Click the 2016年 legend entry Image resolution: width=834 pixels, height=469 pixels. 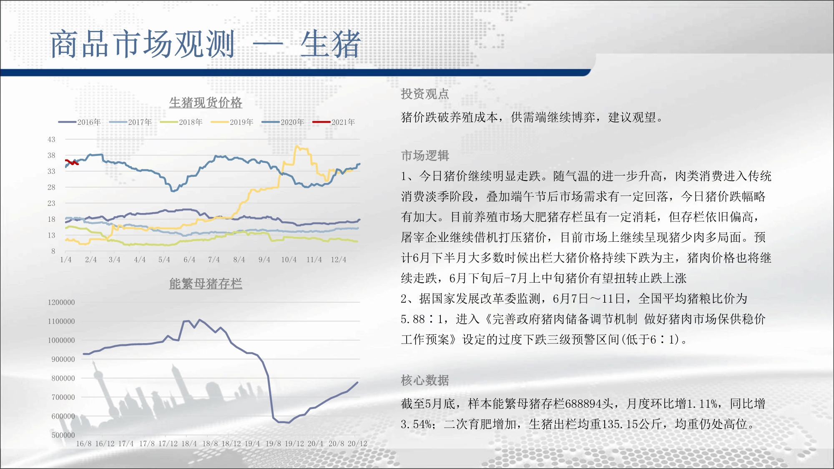click(80, 122)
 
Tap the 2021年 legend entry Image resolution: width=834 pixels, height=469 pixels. click(334, 122)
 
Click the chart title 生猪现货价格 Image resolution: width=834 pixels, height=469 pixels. click(206, 103)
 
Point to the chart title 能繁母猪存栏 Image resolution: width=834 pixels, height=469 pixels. click(206, 283)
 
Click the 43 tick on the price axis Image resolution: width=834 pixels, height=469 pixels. click(51, 139)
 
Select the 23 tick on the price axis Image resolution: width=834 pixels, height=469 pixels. click(51, 203)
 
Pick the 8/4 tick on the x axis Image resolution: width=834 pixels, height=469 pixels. click(239, 259)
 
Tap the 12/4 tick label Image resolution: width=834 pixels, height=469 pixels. click(339, 259)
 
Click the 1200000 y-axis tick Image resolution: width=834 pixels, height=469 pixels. click(61, 302)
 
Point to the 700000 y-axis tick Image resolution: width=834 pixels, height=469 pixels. click(63, 397)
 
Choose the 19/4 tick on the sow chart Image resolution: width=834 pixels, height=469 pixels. click(252, 444)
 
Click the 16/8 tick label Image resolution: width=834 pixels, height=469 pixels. click(83, 444)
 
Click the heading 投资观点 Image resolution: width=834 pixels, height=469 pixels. click(425, 94)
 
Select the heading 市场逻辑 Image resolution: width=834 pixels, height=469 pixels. click(425, 155)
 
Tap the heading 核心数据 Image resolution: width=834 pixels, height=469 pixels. click(425, 380)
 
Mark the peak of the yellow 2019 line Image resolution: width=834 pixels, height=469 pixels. click(297, 146)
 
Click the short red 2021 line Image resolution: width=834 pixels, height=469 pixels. click(72, 162)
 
